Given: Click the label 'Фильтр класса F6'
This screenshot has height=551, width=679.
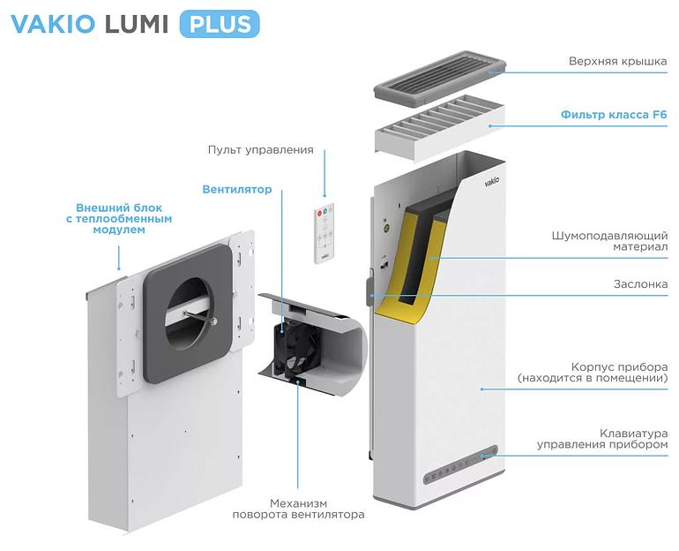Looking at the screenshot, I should point(614,115).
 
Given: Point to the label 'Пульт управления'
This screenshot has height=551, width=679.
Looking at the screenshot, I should point(260,149).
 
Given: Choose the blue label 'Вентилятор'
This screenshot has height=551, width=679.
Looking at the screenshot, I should point(236,189).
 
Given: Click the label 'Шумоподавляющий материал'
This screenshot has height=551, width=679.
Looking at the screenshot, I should point(609,243).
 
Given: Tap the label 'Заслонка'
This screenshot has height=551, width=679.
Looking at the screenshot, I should point(640,284).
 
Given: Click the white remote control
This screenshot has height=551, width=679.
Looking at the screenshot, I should point(325,232).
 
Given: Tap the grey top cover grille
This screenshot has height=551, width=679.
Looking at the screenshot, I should point(438,78).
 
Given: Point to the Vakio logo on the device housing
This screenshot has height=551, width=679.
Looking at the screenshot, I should point(491,181).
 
